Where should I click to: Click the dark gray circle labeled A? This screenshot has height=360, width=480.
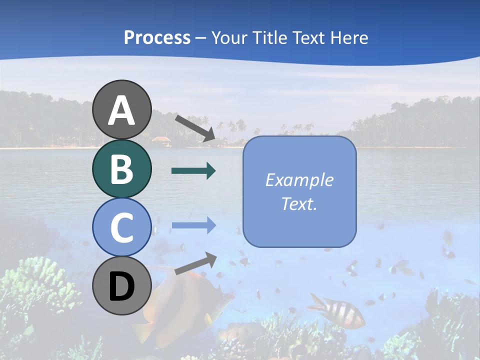point(122,109)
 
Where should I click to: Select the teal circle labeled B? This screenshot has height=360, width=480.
point(122,168)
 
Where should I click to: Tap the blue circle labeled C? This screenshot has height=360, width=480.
point(122,227)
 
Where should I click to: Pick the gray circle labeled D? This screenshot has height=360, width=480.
point(122,285)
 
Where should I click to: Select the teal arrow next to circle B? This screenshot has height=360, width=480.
point(193,171)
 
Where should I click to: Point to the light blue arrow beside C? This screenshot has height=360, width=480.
point(193,225)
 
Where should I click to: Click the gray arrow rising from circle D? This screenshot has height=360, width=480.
point(195,263)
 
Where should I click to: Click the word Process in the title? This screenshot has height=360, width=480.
point(157,37)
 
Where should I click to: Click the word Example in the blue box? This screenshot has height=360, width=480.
point(299,180)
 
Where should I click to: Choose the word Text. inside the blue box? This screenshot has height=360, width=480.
point(299,203)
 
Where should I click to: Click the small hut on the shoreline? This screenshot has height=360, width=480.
point(160,140)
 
